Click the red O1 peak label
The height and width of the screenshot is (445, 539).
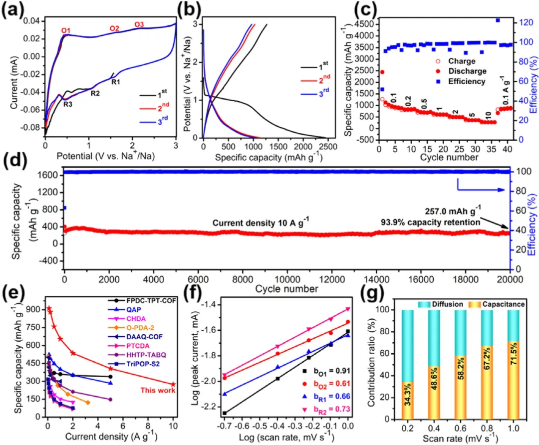click(65, 31)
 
